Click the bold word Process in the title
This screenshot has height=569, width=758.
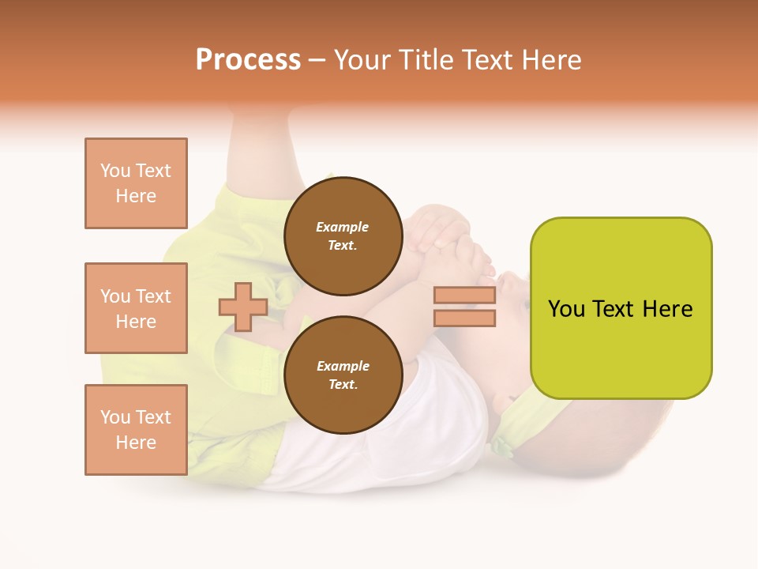pyautogui.click(x=248, y=60)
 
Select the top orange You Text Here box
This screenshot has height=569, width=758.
pyautogui.click(x=136, y=183)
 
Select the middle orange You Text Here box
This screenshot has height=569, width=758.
pyautogui.click(x=136, y=308)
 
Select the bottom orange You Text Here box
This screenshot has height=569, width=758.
pyautogui.click(x=136, y=430)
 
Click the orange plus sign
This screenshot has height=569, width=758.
pyautogui.click(x=243, y=307)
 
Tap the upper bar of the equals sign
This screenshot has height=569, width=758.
pyautogui.click(x=464, y=296)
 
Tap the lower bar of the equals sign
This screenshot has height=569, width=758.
pyautogui.click(x=464, y=318)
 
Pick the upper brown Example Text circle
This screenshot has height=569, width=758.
pyautogui.click(x=343, y=236)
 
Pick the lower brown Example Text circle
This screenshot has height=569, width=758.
pyautogui.click(x=343, y=375)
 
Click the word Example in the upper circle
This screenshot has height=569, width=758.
pyautogui.click(x=343, y=227)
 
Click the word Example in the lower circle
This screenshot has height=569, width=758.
pyautogui.click(x=343, y=366)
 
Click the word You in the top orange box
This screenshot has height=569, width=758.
pyautogui.click(x=115, y=171)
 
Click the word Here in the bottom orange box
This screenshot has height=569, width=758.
pyautogui.click(x=136, y=443)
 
